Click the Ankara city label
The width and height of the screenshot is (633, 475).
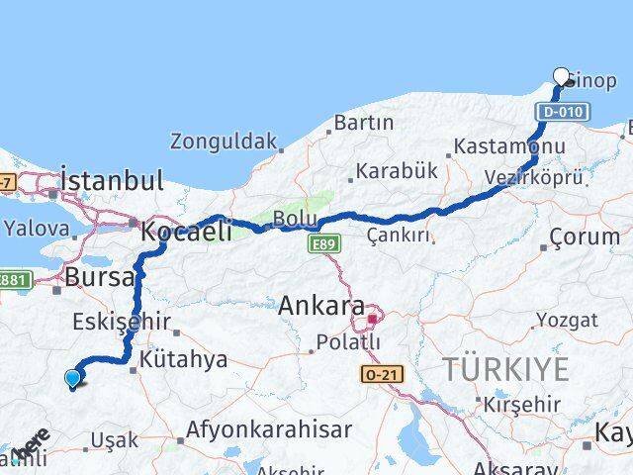(x=321, y=307)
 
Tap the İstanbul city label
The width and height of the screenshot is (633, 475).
(x=112, y=180)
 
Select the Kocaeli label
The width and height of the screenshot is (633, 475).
(x=186, y=232)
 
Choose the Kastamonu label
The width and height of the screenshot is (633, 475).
(x=509, y=147)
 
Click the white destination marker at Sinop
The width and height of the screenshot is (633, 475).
(x=562, y=75)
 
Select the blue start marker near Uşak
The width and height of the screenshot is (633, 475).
(x=72, y=377)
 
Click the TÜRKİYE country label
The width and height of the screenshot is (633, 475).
(x=505, y=370)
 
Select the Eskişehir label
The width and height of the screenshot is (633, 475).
(x=113, y=322)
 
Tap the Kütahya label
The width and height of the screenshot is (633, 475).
(x=184, y=359)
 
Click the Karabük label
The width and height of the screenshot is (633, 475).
(x=397, y=170)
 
